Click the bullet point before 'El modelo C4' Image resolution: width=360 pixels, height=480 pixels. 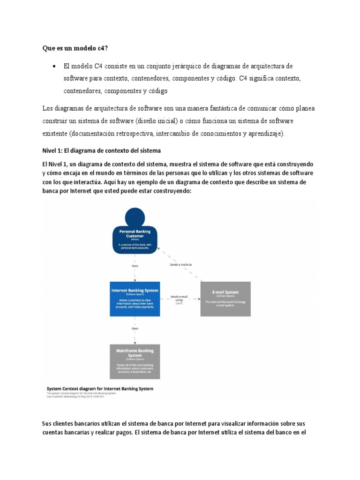click(x=55, y=66)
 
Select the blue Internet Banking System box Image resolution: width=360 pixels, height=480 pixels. click(x=135, y=298)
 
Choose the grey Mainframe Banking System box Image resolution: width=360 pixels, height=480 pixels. click(x=135, y=361)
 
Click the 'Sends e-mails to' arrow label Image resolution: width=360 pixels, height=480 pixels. click(x=180, y=264)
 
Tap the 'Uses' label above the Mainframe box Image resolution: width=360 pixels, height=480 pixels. click(x=135, y=329)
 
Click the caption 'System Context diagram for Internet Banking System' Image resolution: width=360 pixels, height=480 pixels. click(x=99, y=389)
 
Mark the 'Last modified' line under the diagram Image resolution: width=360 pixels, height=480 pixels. click(x=82, y=397)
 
